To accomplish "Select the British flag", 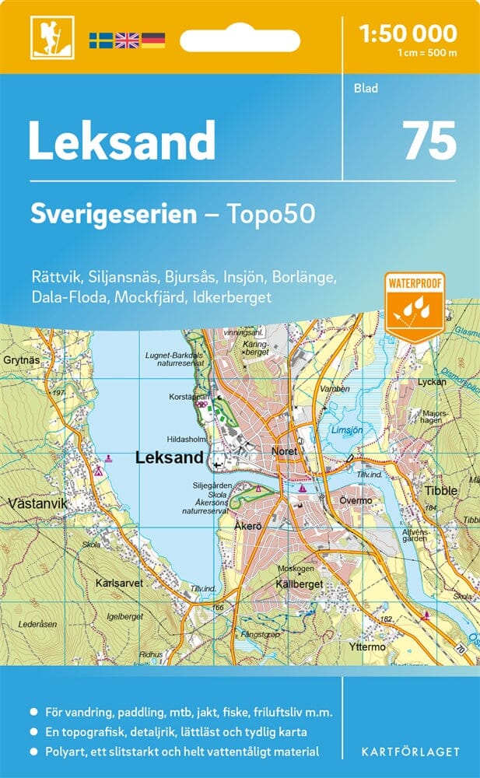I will [x=126, y=40].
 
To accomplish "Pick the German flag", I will [x=152, y=40].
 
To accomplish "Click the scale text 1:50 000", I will [x=408, y=33].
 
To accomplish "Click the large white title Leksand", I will [x=122, y=142].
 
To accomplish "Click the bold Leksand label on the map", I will [x=169, y=458].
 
